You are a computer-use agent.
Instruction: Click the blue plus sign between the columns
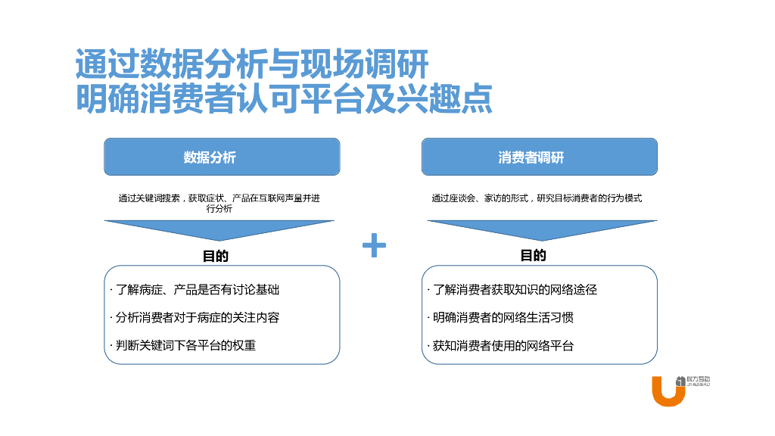tap(374, 245)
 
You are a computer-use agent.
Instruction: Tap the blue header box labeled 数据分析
tap(222, 157)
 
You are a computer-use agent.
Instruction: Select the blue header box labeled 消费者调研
tap(539, 157)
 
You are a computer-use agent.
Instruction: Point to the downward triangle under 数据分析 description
tap(219, 229)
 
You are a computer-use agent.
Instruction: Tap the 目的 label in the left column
tap(216, 256)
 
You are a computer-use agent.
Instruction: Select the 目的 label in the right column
tap(533, 256)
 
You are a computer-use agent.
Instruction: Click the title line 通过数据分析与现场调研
tap(252, 65)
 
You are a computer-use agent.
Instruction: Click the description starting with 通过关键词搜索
tap(219, 203)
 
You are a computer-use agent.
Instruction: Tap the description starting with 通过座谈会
tap(537, 198)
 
